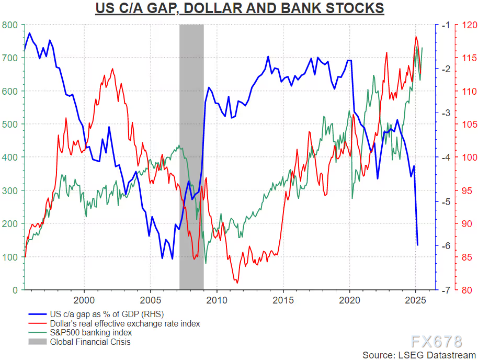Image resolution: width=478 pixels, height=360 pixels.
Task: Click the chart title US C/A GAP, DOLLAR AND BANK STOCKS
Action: coord(238,9)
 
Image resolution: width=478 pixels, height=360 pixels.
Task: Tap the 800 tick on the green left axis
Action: coord(10,25)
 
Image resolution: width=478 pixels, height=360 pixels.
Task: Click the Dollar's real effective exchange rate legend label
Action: coord(124,324)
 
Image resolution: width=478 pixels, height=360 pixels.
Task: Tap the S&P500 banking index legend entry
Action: coord(90,333)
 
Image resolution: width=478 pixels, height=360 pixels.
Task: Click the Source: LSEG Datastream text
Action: coord(417,355)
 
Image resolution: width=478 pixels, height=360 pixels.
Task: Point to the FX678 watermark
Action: coord(436,341)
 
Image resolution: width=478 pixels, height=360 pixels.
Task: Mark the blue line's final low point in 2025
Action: coord(417,245)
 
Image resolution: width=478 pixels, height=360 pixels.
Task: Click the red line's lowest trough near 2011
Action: coord(237,283)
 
